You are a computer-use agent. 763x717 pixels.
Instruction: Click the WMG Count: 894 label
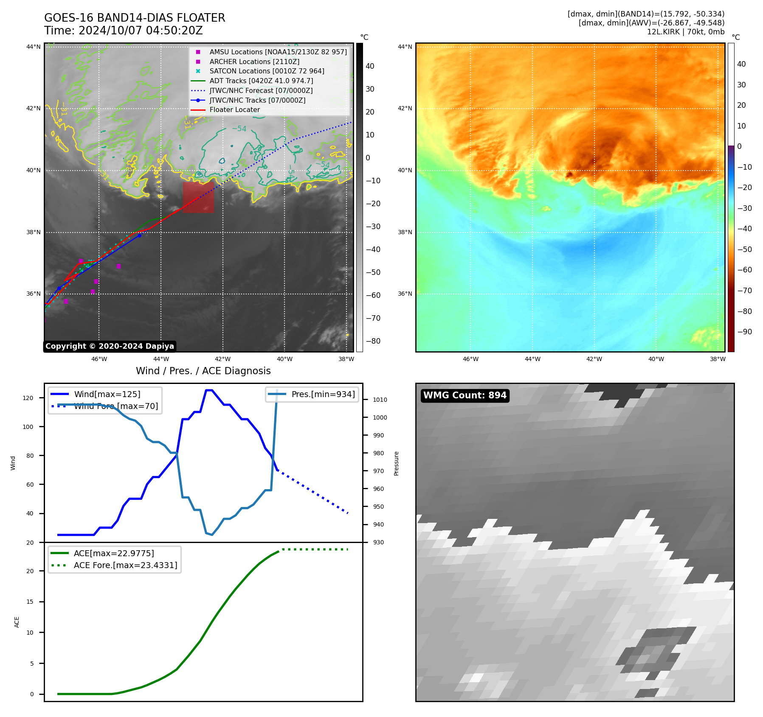click(x=465, y=395)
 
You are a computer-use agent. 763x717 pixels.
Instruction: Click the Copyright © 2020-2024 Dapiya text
click(x=110, y=346)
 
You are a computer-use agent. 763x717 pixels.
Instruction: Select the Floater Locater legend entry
click(x=234, y=110)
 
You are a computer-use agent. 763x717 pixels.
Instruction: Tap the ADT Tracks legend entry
click(x=261, y=81)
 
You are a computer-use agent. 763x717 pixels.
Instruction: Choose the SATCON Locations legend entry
click(x=267, y=71)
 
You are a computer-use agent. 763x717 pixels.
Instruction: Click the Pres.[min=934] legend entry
click(x=323, y=394)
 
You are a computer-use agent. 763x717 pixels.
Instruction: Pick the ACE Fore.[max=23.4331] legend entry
click(x=125, y=565)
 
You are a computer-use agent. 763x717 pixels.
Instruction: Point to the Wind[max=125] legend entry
click(x=107, y=394)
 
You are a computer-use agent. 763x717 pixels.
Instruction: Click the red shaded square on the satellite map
click(x=198, y=197)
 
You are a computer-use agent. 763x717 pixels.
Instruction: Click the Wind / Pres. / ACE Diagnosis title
click(x=203, y=371)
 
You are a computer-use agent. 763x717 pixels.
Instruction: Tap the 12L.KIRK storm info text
click(x=685, y=32)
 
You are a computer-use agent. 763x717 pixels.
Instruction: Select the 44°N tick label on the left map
click(x=34, y=47)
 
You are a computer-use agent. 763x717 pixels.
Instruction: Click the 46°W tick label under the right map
click(x=470, y=359)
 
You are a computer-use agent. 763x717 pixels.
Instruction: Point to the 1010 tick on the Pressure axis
click(x=380, y=400)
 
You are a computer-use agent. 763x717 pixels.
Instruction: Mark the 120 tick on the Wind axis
click(x=28, y=398)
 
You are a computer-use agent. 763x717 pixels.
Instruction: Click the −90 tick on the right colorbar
click(x=744, y=332)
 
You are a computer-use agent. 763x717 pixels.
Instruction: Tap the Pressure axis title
click(x=396, y=463)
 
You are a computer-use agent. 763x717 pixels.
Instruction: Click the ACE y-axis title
click(x=17, y=622)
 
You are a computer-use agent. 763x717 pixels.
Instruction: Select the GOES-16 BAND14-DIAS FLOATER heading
click(x=135, y=18)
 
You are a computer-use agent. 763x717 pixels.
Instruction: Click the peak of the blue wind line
click(x=209, y=390)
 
